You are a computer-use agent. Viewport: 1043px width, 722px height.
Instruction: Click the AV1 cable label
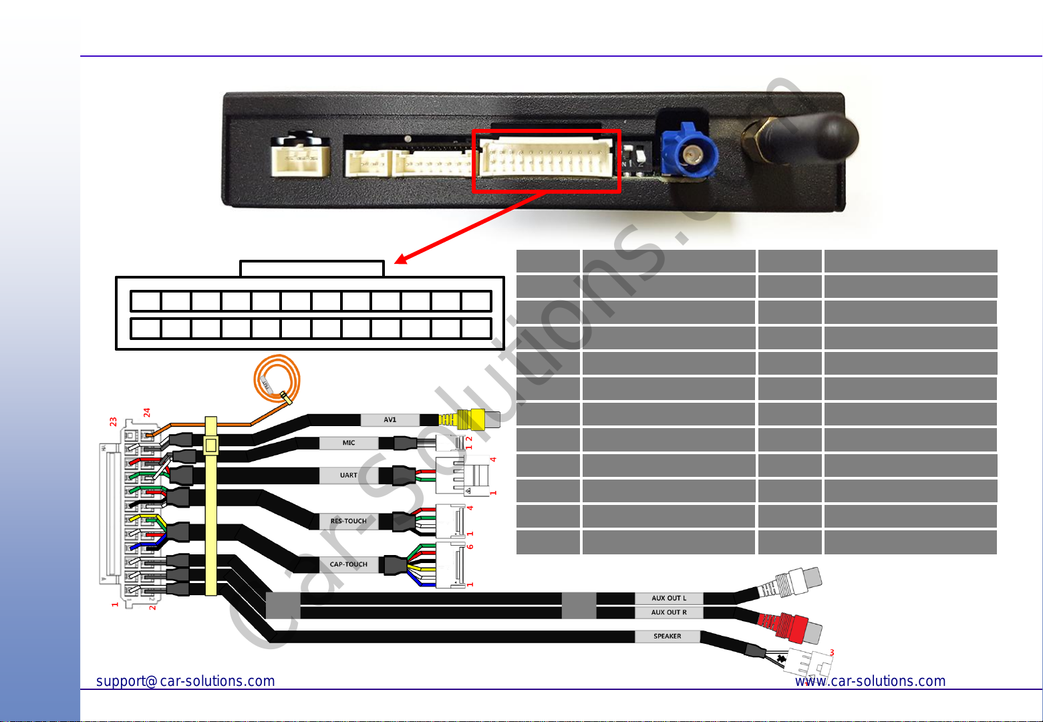pyautogui.click(x=390, y=420)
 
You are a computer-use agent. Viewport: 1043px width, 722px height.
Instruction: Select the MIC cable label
pyautogui.click(x=348, y=443)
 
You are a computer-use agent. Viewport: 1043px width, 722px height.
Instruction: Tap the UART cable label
pyautogui.click(x=348, y=476)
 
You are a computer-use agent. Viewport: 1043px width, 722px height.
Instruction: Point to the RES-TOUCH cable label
pyautogui.click(x=348, y=521)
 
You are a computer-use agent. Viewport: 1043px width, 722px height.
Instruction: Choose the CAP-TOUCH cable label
pyautogui.click(x=348, y=564)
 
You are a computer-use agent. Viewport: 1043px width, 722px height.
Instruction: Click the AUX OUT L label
pyautogui.click(x=668, y=598)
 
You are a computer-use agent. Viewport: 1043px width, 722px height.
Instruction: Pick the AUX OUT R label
pyautogui.click(x=668, y=612)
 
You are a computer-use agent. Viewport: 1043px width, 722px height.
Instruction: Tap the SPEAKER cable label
pyautogui.click(x=667, y=637)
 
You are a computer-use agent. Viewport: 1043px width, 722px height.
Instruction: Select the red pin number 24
pyautogui.click(x=146, y=413)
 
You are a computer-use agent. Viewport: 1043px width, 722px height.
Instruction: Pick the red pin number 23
pyautogui.click(x=114, y=422)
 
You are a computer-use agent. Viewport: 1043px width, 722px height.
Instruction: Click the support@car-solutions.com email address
pyautogui.click(x=186, y=681)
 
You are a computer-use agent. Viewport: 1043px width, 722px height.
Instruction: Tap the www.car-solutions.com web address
pyautogui.click(x=870, y=681)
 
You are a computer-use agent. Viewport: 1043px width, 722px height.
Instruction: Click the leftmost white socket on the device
pyautogui.click(x=300, y=158)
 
